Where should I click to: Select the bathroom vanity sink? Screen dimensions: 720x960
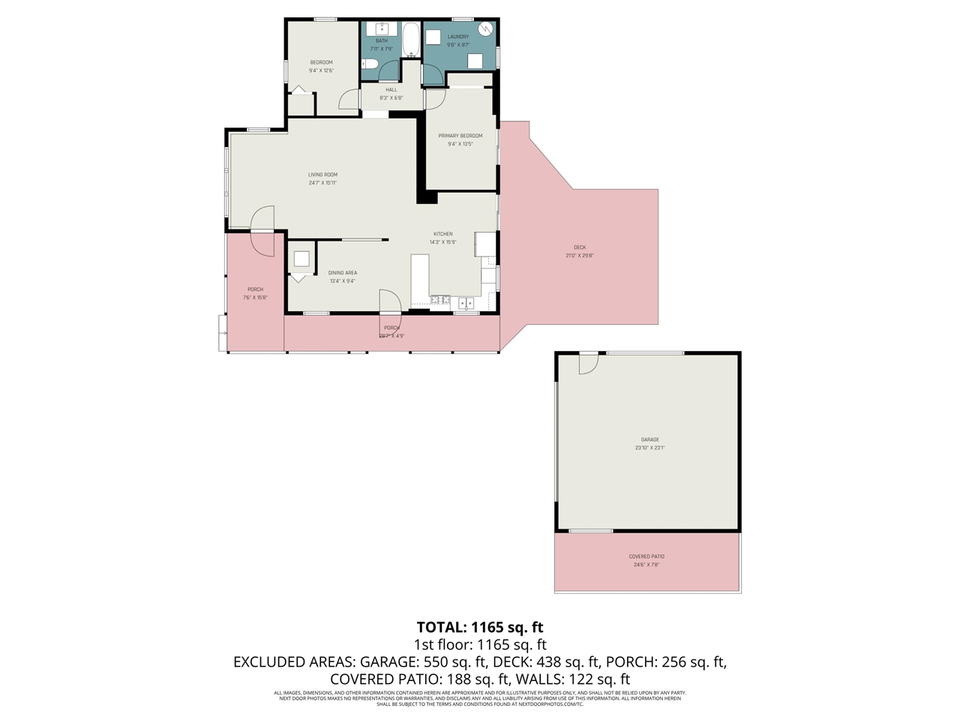[x=381, y=29]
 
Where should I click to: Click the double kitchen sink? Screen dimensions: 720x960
[x=466, y=304]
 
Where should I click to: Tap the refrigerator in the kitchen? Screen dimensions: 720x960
[x=485, y=244]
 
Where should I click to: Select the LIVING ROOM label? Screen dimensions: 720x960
[x=322, y=175]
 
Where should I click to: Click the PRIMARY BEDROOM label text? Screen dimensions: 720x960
[x=460, y=136]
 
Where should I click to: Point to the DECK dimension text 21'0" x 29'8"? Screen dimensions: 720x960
[x=580, y=256]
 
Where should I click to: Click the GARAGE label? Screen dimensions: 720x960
[x=649, y=439]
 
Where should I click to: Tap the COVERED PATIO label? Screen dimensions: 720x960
[x=646, y=556]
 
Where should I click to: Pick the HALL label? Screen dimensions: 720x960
[x=391, y=89]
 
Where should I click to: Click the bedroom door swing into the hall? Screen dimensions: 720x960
[x=349, y=100]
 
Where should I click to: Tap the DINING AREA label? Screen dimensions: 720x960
[x=343, y=273]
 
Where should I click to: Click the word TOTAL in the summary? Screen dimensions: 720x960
[x=439, y=627]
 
